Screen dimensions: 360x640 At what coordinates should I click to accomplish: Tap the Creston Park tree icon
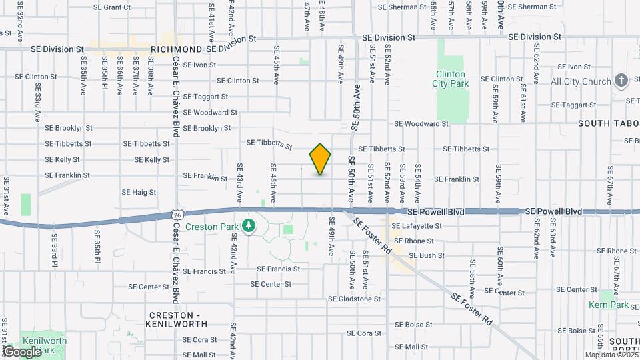[249, 226]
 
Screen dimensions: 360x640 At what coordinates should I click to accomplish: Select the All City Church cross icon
[621, 81]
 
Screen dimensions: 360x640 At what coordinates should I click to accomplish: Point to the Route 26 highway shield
[177, 214]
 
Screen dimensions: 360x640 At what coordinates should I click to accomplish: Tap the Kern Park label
[609, 305]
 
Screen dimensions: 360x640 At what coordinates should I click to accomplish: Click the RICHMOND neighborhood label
[177, 49]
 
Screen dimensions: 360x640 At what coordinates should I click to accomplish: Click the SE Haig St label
[139, 192]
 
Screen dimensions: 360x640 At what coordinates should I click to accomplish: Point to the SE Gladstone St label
[354, 299]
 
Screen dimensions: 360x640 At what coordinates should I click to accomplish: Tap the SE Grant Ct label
[112, 7]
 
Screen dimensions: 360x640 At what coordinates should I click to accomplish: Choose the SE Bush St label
[427, 255]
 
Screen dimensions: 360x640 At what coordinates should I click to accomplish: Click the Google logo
[22, 351]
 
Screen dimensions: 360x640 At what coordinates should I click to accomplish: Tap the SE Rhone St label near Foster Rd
[414, 241]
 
